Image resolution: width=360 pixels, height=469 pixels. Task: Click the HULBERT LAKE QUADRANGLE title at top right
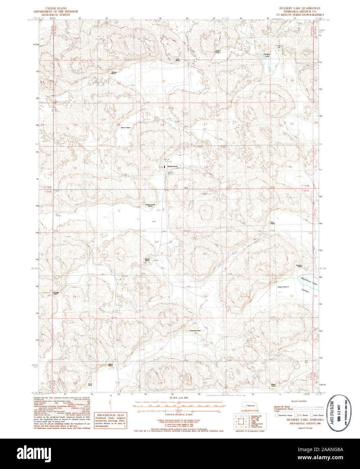[x=297, y=8]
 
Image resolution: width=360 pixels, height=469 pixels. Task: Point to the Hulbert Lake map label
[x=267, y=55]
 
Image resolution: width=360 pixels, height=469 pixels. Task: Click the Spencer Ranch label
[x=126, y=128]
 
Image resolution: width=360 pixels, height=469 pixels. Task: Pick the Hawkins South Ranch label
[x=150, y=205]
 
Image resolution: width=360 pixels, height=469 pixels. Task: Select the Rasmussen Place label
[x=195, y=330]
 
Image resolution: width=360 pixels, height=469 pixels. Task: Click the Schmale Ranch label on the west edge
[x=56, y=293]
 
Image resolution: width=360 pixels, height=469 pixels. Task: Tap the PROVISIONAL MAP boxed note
[x=111, y=421]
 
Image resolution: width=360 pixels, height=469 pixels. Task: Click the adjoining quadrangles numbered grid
[x=241, y=421]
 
